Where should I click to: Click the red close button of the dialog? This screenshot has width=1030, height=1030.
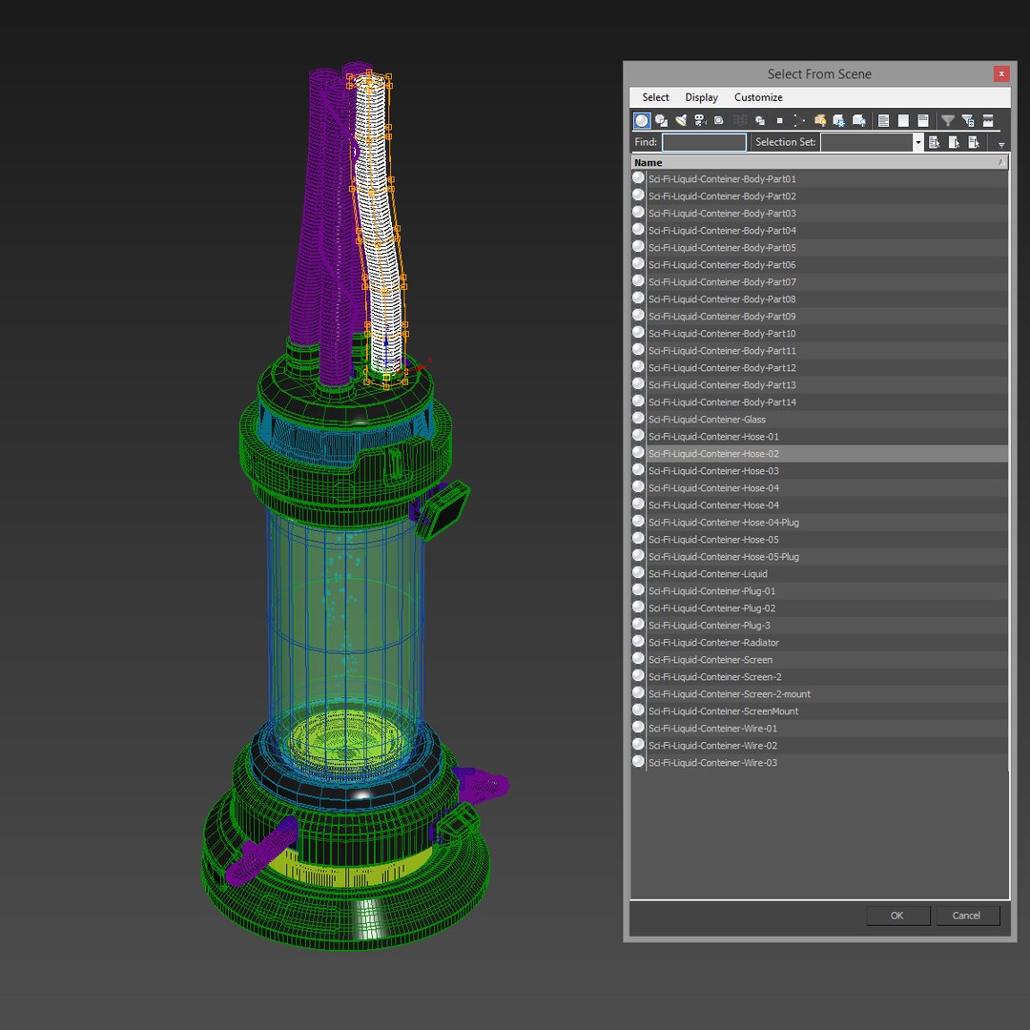pyautogui.click(x=1000, y=74)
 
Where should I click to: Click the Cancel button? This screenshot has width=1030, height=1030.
pyautogui.click(x=966, y=916)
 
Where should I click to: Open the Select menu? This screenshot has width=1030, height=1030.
pyautogui.click(x=655, y=97)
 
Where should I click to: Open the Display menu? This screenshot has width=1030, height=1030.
pyautogui.click(x=701, y=97)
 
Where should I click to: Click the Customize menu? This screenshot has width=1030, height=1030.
pyautogui.click(x=758, y=97)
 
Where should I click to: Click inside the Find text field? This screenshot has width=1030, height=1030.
pyautogui.click(x=704, y=142)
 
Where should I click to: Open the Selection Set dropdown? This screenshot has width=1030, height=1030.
pyautogui.click(x=917, y=142)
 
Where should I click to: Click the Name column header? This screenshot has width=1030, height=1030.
pyautogui.click(x=649, y=162)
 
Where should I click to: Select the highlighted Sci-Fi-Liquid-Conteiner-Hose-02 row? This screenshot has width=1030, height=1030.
pyautogui.click(x=713, y=454)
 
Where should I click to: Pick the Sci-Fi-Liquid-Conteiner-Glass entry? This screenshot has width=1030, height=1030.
pyautogui.click(x=707, y=420)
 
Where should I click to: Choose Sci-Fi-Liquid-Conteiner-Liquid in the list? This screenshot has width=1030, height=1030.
pyautogui.click(x=708, y=574)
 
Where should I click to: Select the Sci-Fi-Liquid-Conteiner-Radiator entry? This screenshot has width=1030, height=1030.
pyautogui.click(x=713, y=643)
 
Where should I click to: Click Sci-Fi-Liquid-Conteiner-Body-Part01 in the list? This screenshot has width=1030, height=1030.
pyautogui.click(x=722, y=179)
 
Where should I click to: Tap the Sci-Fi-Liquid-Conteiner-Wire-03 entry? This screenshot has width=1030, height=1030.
pyautogui.click(x=712, y=763)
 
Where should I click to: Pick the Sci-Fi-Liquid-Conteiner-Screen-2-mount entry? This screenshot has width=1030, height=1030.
pyautogui.click(x=729, y=694)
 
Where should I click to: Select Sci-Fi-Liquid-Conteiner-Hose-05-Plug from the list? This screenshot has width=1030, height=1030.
pyautogui.click(x=723, y=557)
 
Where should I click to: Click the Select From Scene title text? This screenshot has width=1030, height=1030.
pyautogui.click(x=819, y=74)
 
